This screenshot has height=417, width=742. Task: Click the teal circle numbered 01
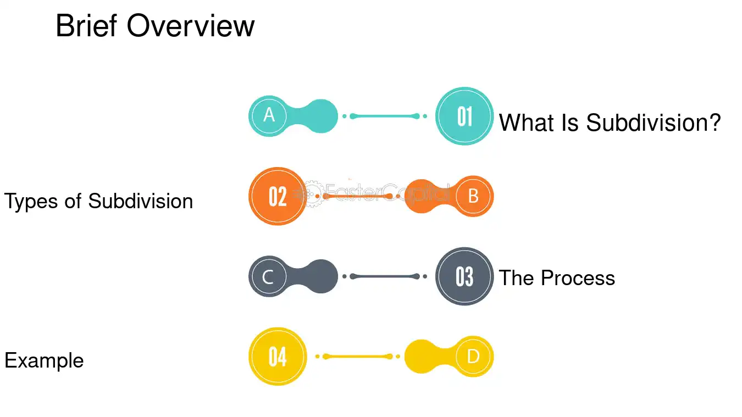[x=464, y=116]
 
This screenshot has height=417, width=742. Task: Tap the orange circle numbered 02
[x=278, y=196]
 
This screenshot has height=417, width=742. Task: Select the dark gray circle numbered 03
[x=464, y=276]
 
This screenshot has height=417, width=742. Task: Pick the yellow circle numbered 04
[x=278, y=357]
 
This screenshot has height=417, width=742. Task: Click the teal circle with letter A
[x=269, y=116]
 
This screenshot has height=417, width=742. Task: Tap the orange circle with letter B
[x=473, y=196]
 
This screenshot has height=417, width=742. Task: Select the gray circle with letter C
[x=269, y=276]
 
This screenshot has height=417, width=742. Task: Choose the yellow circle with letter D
[x=473, y=357]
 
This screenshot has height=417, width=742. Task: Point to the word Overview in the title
[x=191, y=26]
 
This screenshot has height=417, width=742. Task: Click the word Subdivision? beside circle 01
[x=654, y=123]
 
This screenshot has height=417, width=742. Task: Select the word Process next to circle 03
[x=578, y=277]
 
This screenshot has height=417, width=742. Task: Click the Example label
[x=44, y=361]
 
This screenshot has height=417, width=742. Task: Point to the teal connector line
[x=385, y=116]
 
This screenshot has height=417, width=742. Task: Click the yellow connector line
[x=357, y=357]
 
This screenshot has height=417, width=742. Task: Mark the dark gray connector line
[x=385, y=276]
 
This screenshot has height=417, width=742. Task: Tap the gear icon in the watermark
[x=312, y=194]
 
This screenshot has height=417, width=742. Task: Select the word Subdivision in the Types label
[x=141, y=201]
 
